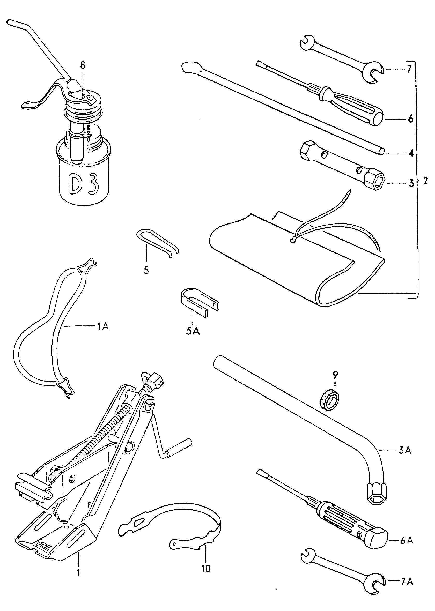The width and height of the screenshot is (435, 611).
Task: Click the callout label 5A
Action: coord(193,331)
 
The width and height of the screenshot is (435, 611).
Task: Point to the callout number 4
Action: coord(411,153)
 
